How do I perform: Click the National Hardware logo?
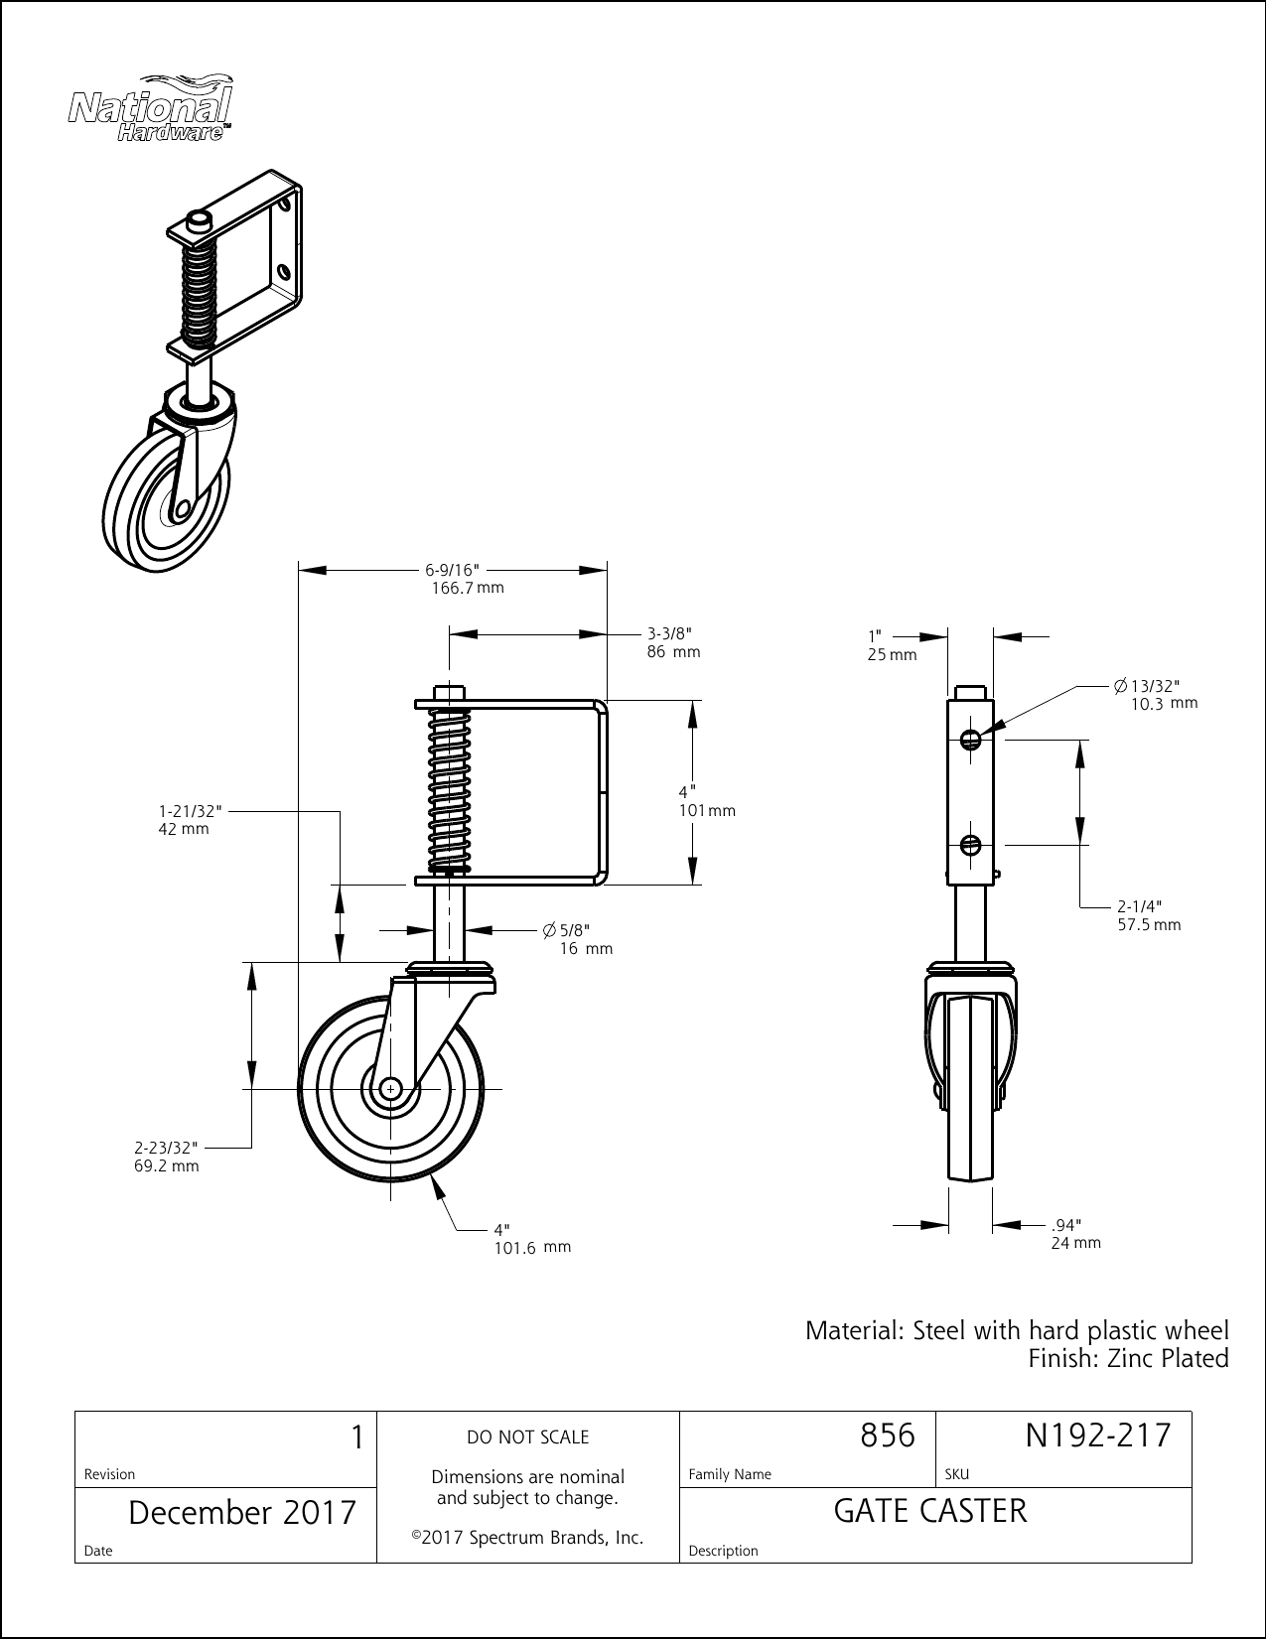(150, 108)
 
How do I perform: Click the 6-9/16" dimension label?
(452, 570)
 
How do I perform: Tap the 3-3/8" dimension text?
(668, 633)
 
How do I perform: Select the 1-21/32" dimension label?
(188, 810)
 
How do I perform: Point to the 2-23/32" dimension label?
(166, 1147)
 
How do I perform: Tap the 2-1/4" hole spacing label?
(1139, 905)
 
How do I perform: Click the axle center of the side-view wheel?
(390, 1089)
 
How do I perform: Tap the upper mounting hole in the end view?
(971, 738)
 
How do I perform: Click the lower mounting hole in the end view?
(971, 845)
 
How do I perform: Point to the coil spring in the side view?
(450, 790)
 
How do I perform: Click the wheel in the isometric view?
(167, 511)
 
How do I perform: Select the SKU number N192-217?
(1097, 1435)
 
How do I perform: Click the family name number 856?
(886, 1435)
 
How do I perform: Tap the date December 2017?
(242, 1512)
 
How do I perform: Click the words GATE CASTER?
(930, 1511)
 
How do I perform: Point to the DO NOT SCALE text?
(527, 1436)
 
